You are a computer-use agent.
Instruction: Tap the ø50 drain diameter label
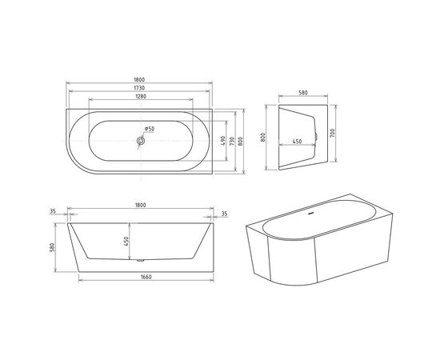[x=150, y=129]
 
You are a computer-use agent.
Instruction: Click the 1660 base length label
[x=140, y=277]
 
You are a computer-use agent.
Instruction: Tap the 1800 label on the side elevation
[x=140, y=206]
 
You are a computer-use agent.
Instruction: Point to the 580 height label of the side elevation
[x=53, y=249]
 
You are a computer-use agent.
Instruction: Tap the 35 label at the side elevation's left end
[x=53, y=213]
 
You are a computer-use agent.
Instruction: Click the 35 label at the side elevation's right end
[x=226, y=213]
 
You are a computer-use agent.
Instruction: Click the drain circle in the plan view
[x=140, y=141]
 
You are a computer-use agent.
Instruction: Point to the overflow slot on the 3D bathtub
[x=310, y=215]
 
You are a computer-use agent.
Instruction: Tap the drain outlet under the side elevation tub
[x=141, y=261]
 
